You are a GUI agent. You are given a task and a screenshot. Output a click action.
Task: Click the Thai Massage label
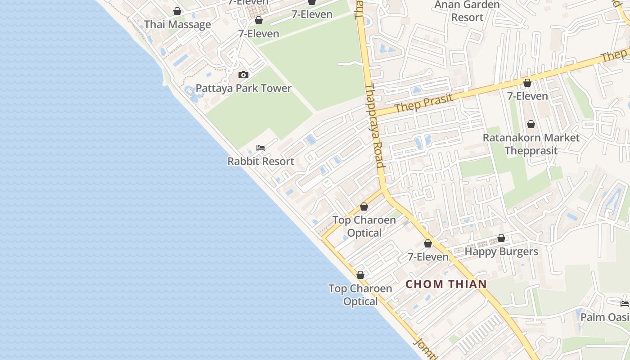coord(177,25)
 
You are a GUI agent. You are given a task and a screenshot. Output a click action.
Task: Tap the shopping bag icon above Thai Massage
coord(177,11)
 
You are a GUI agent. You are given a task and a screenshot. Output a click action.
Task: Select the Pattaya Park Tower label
coord(243,88)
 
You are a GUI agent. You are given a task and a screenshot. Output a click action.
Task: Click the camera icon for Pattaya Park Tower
coord(243,75)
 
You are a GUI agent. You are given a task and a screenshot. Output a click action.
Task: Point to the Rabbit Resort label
coord(261,161)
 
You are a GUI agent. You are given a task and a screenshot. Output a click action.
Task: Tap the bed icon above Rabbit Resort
coord(261,148)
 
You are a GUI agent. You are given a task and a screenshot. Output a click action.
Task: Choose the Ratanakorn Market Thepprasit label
coord(531,144)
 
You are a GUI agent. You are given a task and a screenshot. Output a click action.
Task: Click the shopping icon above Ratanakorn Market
coord(531,124)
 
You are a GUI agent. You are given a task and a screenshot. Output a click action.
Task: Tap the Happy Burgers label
coord(501,252)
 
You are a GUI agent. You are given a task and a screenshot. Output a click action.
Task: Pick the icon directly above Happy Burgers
coord(501,238)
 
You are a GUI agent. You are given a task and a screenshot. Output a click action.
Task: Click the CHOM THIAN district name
coord(446,284)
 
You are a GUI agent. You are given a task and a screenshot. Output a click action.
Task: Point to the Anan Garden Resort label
coord(467,11)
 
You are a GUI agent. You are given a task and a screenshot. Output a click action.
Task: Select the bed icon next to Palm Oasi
coord(624,304)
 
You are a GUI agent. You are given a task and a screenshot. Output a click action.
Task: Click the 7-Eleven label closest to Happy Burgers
coord(428,257)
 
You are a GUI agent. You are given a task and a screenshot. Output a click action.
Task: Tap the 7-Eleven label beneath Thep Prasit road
coord(527,96)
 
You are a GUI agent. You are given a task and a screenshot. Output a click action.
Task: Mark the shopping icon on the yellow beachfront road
coord(360,275)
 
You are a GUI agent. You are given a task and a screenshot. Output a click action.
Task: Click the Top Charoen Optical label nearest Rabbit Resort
coord(364,226)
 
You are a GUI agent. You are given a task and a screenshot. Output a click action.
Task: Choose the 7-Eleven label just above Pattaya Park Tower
coord(259,34)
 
